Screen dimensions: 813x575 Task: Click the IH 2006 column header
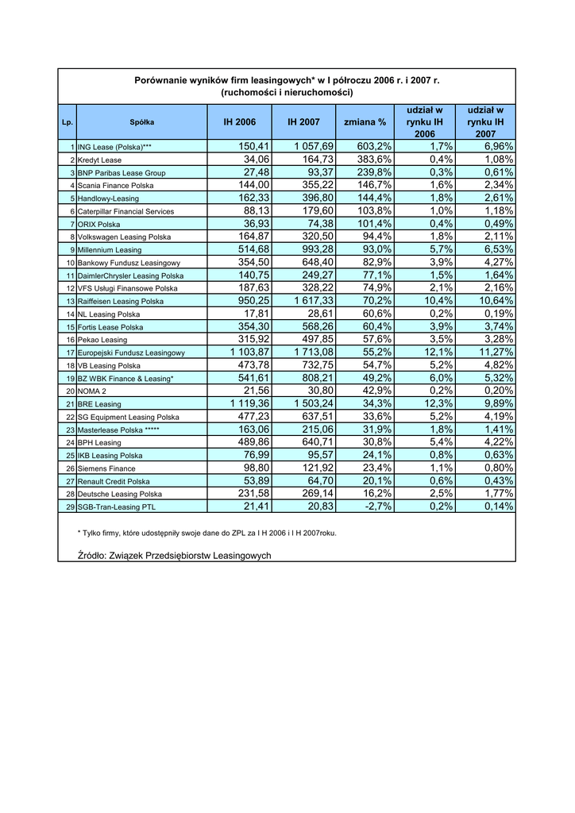(239, 122)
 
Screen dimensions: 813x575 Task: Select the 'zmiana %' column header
(365, 122)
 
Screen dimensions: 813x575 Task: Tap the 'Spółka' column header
(142, 122)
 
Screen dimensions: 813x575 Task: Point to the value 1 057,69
(314, 146)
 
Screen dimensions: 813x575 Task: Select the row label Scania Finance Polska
(116, 186)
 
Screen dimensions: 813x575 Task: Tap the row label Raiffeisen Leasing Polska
(121, 302)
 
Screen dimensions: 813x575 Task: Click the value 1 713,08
(314, 353)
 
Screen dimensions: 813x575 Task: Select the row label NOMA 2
(91, 391)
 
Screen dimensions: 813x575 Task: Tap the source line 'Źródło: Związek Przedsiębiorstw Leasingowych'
(174, 555)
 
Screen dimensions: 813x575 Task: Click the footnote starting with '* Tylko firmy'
(206, 533)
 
